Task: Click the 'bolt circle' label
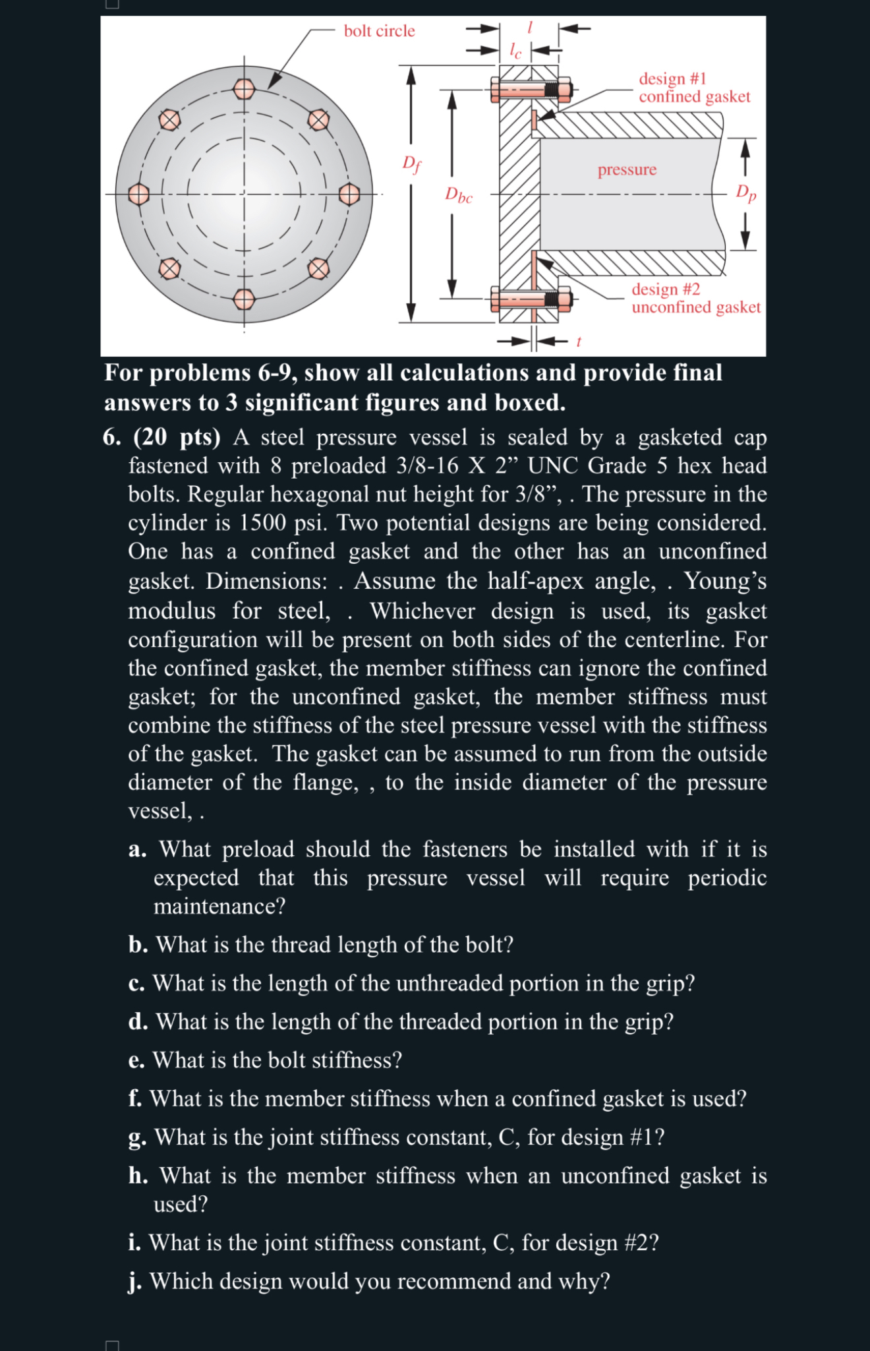(379, 31)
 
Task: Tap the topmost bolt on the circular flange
(244, 88)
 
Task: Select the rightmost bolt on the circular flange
(349, 195)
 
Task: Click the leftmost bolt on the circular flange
(138, 195)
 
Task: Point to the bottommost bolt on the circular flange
(244, 299)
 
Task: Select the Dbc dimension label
(459, 195)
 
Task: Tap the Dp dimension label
(746, 193)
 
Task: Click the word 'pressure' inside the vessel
(627, 169)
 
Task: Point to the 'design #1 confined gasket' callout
(693, 88)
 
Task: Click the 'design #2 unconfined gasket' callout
(695, 298)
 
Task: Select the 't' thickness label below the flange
(579, 342)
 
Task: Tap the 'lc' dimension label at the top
(516, 51)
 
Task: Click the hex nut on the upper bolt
(564, 89)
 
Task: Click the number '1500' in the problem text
(263, 523)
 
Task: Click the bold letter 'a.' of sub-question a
(138, 849)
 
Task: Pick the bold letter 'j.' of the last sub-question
(136, 1281)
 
